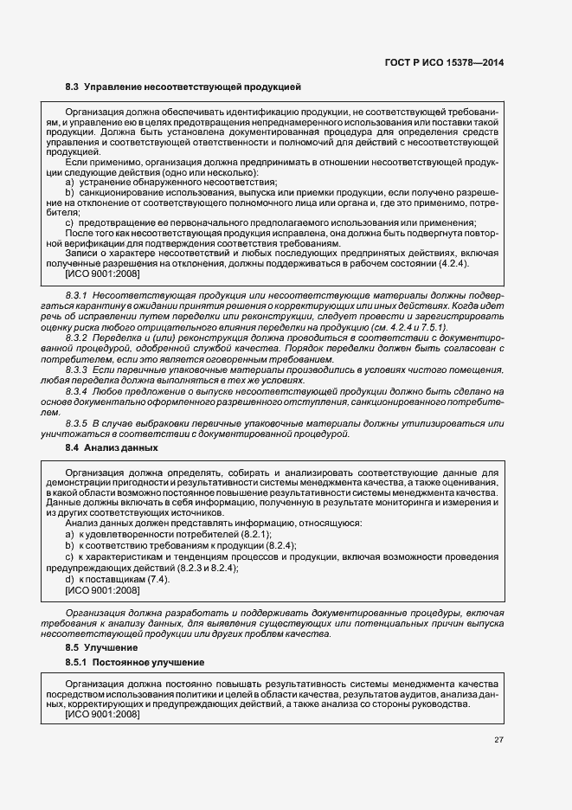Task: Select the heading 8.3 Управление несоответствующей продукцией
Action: click(183, 87)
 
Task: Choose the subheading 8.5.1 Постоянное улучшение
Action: click(134, 663)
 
